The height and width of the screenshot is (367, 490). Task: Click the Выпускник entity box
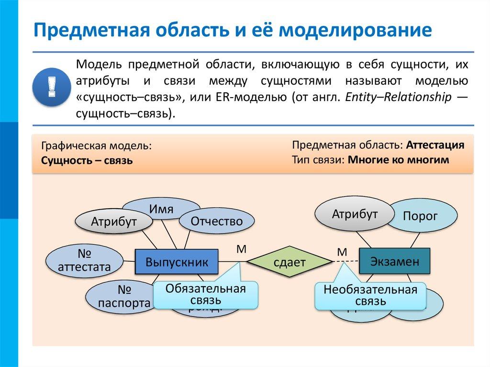click(177, 262)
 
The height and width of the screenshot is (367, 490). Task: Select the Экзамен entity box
click(395, 261)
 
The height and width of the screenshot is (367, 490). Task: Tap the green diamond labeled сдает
click(289, 262)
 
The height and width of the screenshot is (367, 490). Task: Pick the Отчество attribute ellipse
click(216, 221)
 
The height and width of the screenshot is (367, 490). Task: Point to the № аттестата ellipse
click(84, 260)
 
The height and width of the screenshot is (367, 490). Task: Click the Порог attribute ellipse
click(421, 216)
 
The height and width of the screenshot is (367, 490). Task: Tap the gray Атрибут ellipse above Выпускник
click(114, 222)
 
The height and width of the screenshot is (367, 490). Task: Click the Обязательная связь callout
click(205, 294)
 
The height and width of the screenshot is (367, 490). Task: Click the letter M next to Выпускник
click(241, 248)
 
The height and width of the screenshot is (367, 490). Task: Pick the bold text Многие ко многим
click(398, 160)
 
